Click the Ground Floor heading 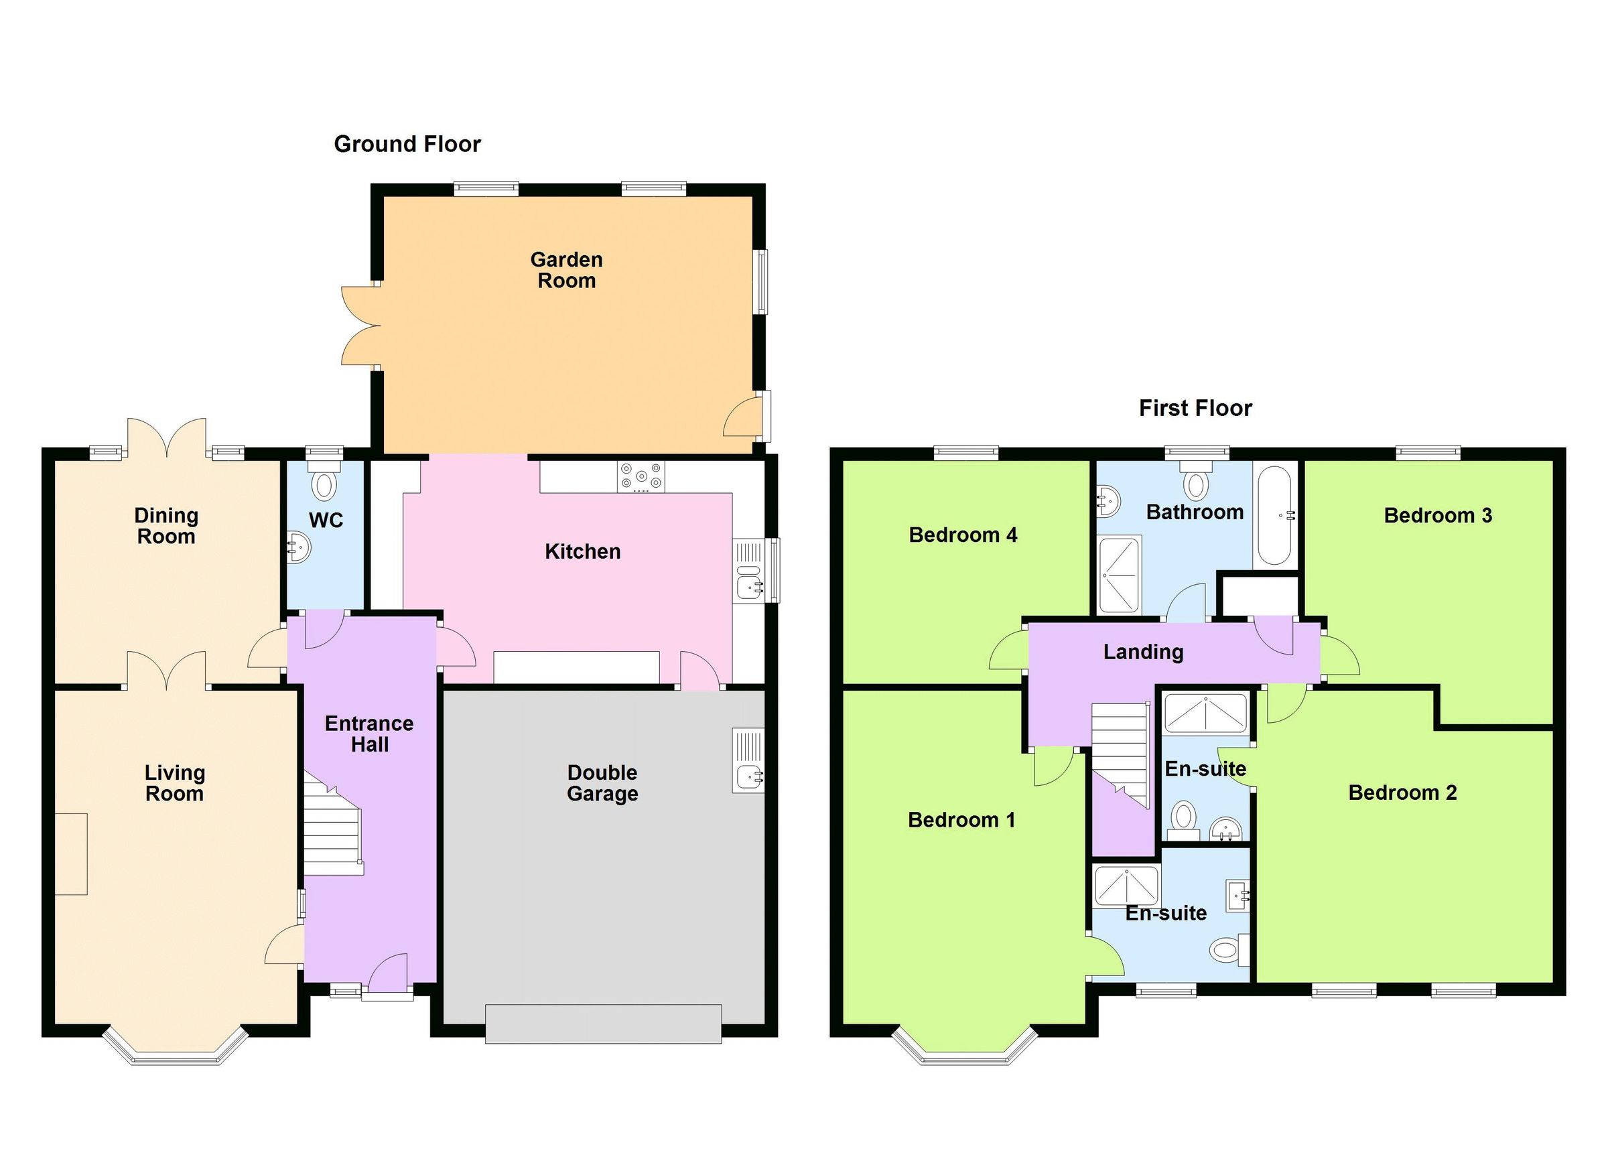(x=407, y=144)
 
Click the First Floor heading (x=1195, y=409)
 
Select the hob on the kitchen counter (x=641, y=476)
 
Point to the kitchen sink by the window (x=748, y=586)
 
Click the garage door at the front (x=604, y=1023)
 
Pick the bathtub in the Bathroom (x=1276, y=514)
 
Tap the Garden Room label (x=567, y=270)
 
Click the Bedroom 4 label (x=963, y=535)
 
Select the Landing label (x=1143, y=652)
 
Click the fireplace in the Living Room (x=71, y=853)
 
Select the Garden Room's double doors (x=360, y=326)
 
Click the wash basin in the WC (x=299, y=547)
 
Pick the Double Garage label (x=602, y=782)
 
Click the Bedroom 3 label (x=1437, y=515)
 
